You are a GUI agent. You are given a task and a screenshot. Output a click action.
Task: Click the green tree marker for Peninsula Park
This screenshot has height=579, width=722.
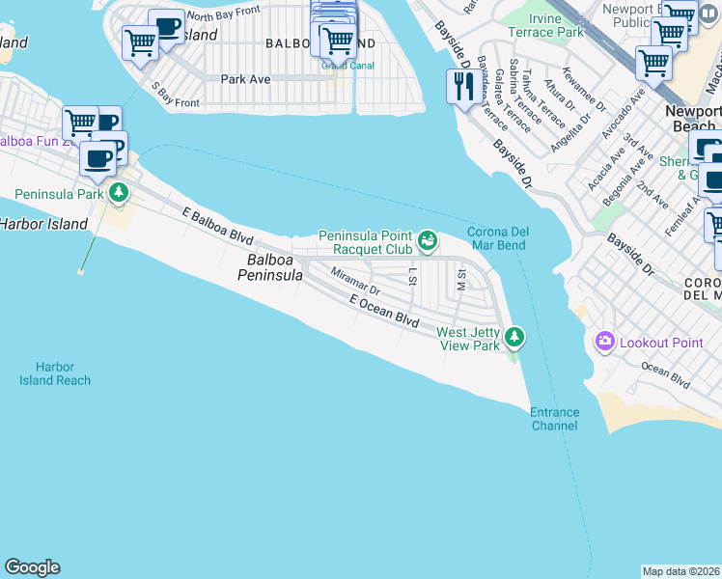[119, 192]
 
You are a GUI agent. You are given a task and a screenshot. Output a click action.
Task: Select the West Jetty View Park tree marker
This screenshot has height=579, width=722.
[515, 336]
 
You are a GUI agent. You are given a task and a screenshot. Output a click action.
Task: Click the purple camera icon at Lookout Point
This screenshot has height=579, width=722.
[605, 341]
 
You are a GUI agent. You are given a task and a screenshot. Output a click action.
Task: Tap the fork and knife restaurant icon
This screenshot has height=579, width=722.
[462, 88]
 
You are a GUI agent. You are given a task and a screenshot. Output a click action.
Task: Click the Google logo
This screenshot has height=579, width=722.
[32, 567]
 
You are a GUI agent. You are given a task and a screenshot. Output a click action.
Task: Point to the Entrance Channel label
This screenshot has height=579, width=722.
[554, 419]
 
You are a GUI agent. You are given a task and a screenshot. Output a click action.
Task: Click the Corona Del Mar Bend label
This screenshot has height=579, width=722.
[496, 238]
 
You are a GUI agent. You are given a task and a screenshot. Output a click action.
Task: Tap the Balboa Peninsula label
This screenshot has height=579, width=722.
[270, 267]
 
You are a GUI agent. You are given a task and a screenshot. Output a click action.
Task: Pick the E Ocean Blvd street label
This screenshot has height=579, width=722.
[383, 310]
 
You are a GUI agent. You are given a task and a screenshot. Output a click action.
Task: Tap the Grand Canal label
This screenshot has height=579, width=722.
[337, 66]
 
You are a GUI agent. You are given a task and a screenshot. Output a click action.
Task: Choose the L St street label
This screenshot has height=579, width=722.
[412, 277]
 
